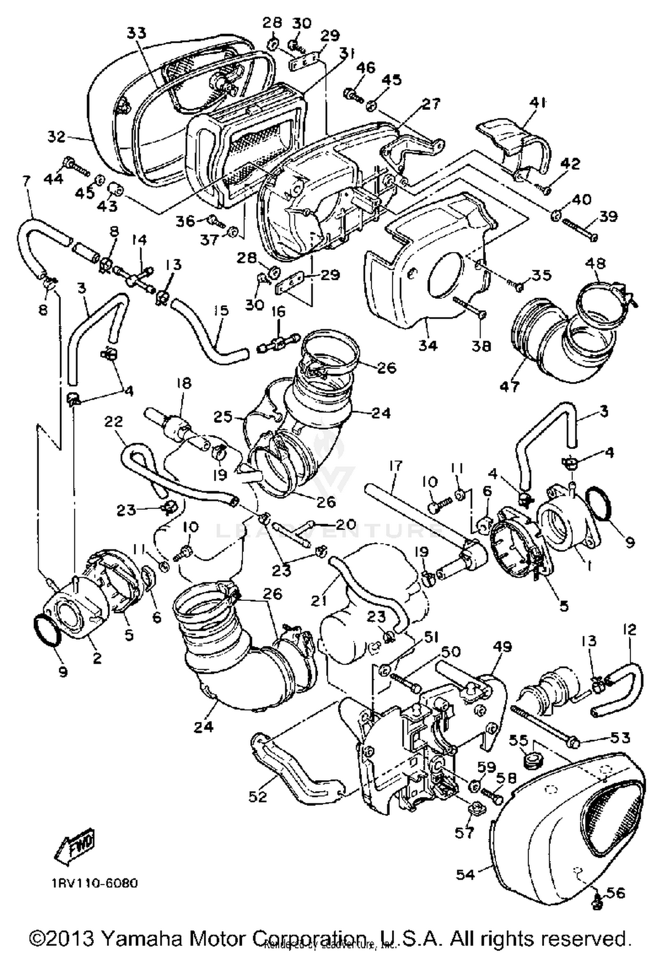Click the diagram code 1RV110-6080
click(94, 883)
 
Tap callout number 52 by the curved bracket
click(258, 796)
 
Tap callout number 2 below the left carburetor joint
click(97, 658)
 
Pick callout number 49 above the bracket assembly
click(502, 647)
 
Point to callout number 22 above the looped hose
click(113, 422)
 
